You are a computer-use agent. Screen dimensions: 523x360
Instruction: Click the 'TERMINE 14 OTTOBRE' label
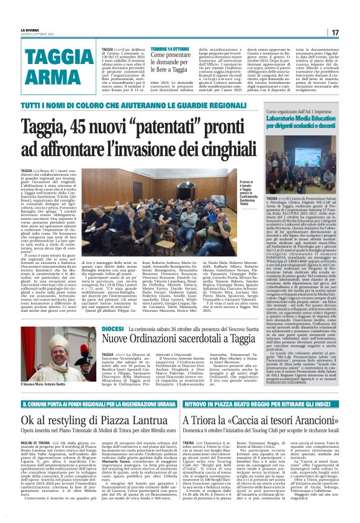pos(169,48)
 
